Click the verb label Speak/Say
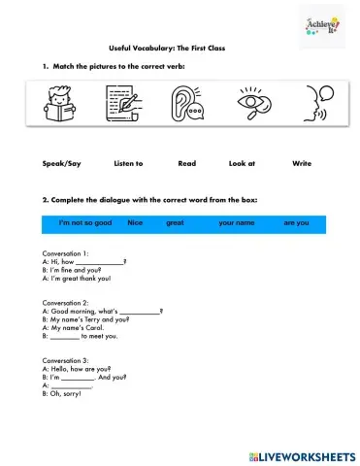pos(61,164)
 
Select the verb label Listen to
pos(128,164)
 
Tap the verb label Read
pos(186,164)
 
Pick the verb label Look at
pos(243,164)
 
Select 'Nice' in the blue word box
pos(135,223)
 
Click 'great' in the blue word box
pos(175,223)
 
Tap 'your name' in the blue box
pos(236,223)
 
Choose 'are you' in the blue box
pos(296,223)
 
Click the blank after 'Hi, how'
pos(99,262)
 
